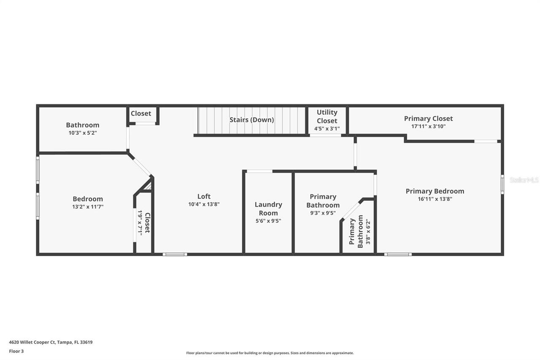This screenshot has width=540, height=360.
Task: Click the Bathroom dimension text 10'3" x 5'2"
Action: coord(82,133)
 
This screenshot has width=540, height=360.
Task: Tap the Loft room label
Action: coord(204,196)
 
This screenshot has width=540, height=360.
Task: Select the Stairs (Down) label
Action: coord(251,120)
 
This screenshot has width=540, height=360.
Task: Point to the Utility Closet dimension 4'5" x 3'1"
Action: coord(327,129)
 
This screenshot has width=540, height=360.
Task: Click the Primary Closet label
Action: coord(428,119)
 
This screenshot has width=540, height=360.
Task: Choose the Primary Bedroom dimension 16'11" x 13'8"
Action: coord(435,199)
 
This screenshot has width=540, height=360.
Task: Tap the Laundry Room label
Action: coord(268,208)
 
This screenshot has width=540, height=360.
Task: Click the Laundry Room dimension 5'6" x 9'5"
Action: coord(268,220)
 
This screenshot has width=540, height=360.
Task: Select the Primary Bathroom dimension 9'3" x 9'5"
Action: coord(323,213)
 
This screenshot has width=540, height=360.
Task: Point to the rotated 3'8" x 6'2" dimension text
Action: coord(368,232)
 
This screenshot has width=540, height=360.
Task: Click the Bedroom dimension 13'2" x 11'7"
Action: coord(88,207)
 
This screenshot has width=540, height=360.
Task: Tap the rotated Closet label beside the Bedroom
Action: coord(147,223)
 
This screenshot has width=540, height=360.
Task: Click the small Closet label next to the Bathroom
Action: coord(141,114)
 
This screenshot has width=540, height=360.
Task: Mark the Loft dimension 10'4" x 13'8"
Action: coord(204,204)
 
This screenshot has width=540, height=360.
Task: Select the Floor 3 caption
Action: coord(16,351)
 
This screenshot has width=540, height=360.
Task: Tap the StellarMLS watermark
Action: coord(524,180)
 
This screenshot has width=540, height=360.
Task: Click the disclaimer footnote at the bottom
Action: coord(270,353)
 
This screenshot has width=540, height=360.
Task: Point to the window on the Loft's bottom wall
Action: coord(175,254)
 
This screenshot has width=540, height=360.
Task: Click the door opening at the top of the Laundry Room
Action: coord(259,171)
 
